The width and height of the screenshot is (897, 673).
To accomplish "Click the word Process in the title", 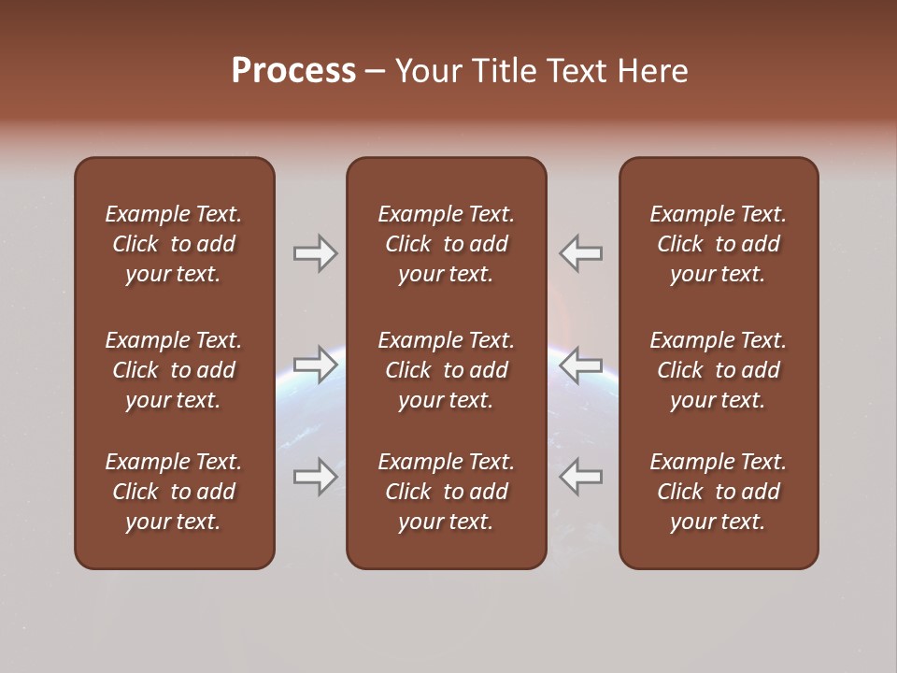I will pos(293,71).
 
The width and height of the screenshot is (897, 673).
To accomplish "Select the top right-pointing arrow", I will pos(315,253).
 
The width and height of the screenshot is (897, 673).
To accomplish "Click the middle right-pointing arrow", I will pos(315,365).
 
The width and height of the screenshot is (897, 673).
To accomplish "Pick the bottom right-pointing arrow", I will pos(315,477).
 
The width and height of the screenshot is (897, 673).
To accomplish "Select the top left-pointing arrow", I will pos(581,253).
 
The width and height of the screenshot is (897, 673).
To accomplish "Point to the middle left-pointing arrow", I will pos(581,365).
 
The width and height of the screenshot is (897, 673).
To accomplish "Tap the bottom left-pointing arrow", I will pos(581,477).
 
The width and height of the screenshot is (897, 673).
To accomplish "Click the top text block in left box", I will pos(174,244).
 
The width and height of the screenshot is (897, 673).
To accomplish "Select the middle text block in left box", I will pos(174,370).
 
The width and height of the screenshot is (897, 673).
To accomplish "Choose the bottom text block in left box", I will pos(174,492).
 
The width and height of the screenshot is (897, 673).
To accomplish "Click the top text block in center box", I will pos(446,244).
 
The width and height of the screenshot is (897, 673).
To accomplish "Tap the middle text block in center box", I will pos(446,370).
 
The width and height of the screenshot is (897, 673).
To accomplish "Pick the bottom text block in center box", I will pos(446,492).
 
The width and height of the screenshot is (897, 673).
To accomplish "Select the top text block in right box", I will pos(719,244).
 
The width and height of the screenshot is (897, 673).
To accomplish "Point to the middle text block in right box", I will pos(719,370).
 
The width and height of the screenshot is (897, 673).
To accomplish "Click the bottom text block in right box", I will pos(719,492).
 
